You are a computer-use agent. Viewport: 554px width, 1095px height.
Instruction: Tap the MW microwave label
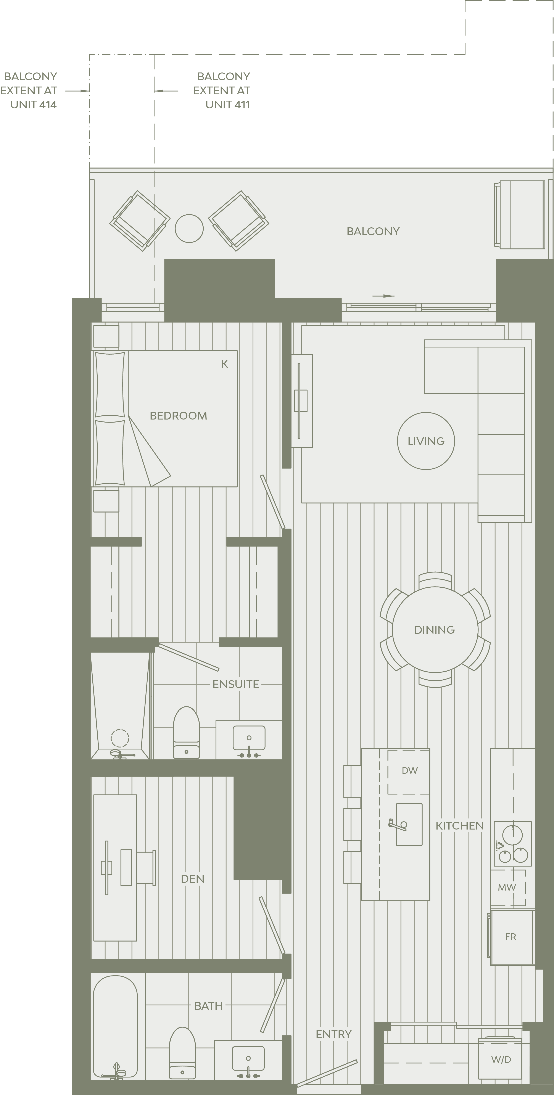pyautogui.click(x=507, y=887)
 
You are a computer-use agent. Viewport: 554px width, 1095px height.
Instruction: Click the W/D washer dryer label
pyautogui.click(x=501, y=1060)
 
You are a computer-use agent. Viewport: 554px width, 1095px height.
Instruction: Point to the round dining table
pyautogui.click(x=435, y=630)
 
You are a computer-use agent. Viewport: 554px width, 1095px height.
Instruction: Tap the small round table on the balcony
pyautogui.click(x=189, y=228)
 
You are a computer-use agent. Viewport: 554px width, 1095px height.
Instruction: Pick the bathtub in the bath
pyautogui.click(x=115, y=1027)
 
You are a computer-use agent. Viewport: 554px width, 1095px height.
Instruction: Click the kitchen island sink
pyautogui.click(x=409, y=824)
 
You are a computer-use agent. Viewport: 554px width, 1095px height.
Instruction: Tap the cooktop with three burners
pyautogui.click(x=512, y=844)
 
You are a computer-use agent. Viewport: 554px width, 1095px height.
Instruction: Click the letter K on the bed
pyautogui.click(x=224, y=364)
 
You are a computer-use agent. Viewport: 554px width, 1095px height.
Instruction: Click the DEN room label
pyautogui.click(x=193, y=879)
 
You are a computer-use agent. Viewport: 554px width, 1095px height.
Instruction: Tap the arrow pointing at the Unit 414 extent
pyautogui.click(x=77, y=90)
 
